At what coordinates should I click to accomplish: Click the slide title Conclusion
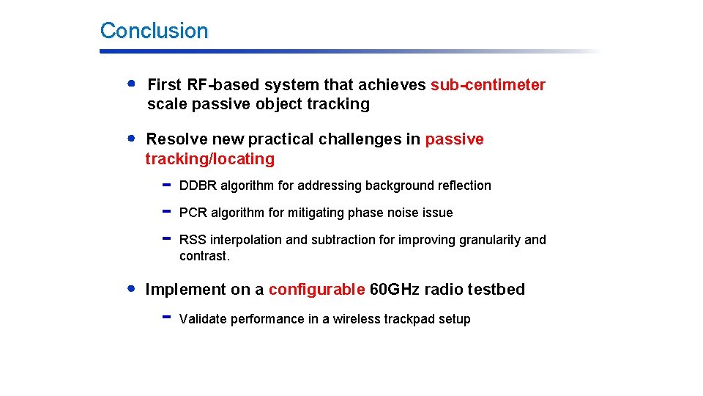[x=154, y=31]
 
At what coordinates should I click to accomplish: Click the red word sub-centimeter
[x=488, y=85]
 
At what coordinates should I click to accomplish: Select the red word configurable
[x=316, y=290]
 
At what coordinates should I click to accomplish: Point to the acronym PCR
[x=193, y=213]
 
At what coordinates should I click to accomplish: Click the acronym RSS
[x=193, y=240]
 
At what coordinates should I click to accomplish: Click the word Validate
[x=203, y=319]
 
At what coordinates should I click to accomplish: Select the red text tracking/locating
[x=209, y=159]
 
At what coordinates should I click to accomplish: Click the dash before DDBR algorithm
[x=166, y=185]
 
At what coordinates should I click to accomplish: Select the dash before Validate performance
[x=166, y=318]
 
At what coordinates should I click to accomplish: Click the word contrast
[x=204, y=256]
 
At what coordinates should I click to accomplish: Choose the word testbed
[x=496, y=290]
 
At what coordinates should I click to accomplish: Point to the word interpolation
[x=246, y=240]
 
